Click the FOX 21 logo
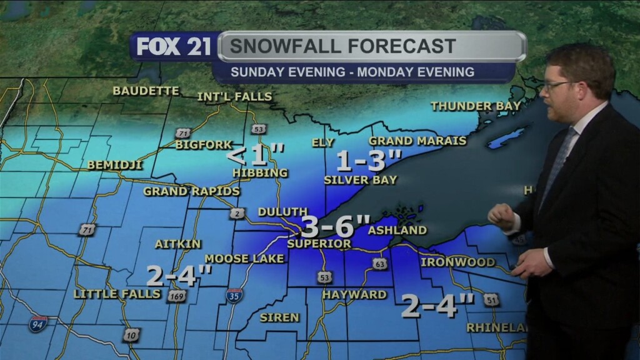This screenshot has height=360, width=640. click(174, 47)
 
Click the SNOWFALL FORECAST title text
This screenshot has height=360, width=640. click(342, 46)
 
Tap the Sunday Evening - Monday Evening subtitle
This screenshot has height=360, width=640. click(352, 72)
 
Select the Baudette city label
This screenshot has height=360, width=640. click(146, 91)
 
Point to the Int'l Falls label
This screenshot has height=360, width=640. click(234, 97)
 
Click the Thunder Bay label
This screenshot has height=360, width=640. click(475, 106)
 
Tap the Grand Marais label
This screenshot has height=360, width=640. click(417, 141)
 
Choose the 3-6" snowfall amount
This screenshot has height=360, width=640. click(336, 225)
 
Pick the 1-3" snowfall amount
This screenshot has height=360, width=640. click(368, 162)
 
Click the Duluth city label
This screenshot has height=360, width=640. click(282, 212)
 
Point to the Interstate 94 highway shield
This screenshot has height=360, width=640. click(37, 323)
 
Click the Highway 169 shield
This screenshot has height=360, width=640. click(177, 296)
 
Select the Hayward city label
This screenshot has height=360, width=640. click(354, 294)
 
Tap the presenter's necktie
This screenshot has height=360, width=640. click(556, 166)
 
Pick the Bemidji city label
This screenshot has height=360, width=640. click(115, 165)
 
